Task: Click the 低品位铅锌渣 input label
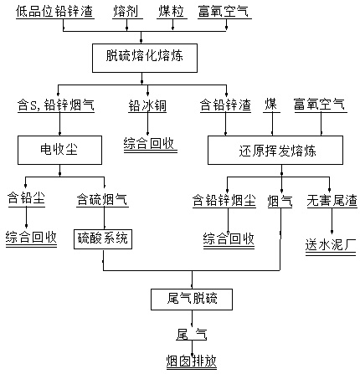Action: (54, 12)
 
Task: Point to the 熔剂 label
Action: (126, 12)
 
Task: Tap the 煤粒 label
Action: (172, 12)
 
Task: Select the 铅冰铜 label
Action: (147, 105)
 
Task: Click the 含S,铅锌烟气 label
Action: (56, 105)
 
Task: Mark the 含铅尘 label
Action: (26, 198)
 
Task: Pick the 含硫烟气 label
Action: (102, 199)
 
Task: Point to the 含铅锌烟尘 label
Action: (224, 200)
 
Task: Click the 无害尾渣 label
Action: (332, 200)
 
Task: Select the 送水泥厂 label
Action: (331, 244)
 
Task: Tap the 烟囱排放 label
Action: (192, 361)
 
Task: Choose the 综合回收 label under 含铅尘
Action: (31, 238)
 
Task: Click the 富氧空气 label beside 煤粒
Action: (224, 12)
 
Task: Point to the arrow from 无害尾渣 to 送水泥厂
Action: (332, 221)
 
